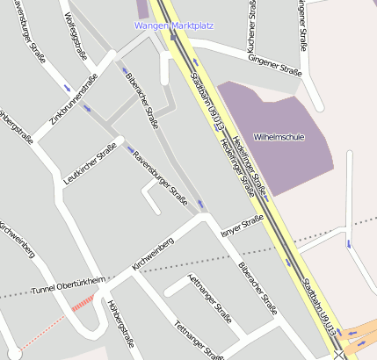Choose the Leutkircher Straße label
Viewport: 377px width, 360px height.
[x=91, y=164]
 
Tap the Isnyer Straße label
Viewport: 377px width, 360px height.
[x=243, y=226]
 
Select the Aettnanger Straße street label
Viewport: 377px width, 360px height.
[x=210, y=299]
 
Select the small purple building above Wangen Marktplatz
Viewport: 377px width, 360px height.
[x=141, y=8]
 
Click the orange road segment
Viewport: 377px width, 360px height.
[x=360, y=334]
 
